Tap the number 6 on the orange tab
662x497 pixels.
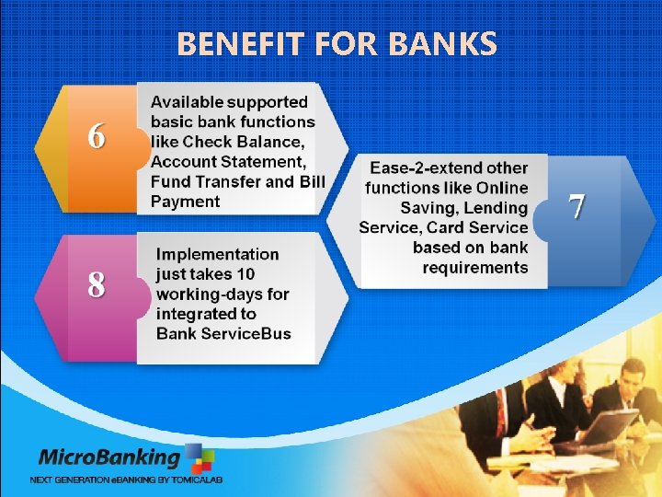(x=96, y=136)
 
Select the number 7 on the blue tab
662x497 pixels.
(x=576, y=207)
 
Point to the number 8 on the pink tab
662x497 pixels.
(x=96, y=286)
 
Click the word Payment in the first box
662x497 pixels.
(x=186, y=202)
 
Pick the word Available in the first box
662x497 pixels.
(x=187, y=102)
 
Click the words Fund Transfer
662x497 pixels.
(x=206, y=181)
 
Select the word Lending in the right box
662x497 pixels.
(x=497, y=209)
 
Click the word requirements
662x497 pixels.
(x=475, y=268)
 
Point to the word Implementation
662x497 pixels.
(x=218, y=254)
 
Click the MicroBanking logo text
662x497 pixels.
(x=109, y=457)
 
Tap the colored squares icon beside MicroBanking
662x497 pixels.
(x=200, y=457)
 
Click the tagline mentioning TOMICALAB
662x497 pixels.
(x=126, y=480)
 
